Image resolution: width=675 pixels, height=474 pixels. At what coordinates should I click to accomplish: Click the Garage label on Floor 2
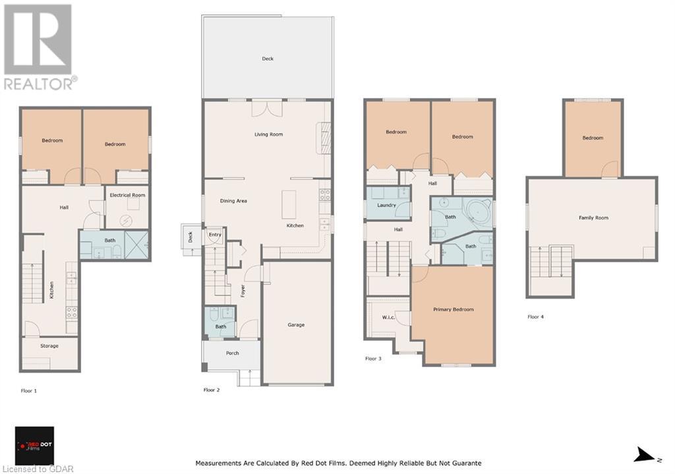(296, 325)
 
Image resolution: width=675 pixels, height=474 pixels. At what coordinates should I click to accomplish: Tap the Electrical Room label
(127, 195)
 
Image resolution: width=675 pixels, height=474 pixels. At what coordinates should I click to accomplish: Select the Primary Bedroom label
(454, 310)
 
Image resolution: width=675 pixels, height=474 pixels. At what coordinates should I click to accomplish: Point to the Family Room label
(593, 218)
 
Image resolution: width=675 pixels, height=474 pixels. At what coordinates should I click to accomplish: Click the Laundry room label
(386, 206)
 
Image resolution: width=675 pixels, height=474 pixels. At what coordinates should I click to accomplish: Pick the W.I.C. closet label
(388, 318)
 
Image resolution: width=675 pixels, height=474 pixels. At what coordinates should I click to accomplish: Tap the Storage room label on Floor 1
(49, 345)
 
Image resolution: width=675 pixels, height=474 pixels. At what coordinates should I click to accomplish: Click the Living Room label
(269, 134)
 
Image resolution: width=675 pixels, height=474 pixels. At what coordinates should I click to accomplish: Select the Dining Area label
(233, 201)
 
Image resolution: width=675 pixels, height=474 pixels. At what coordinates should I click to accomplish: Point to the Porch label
(233, 353)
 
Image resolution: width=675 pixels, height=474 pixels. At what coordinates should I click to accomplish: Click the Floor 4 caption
(535, 317)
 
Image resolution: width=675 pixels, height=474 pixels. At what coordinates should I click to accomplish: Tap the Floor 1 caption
(29, 391)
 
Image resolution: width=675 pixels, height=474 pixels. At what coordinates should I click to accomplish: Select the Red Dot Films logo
(34, 446)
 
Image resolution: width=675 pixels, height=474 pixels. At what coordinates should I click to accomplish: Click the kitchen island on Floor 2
(289, 205)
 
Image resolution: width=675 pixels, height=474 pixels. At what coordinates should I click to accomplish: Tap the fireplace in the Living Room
(324, 138)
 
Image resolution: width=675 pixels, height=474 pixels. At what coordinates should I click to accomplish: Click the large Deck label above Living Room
(268, 59)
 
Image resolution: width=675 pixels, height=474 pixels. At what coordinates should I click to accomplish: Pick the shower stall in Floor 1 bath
(136, 245)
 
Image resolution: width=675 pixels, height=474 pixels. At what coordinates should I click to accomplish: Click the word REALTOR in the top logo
(39, 84)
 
